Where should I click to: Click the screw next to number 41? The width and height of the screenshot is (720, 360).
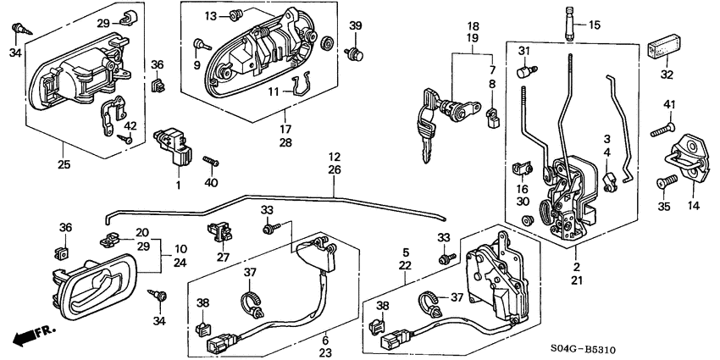click(662, 130)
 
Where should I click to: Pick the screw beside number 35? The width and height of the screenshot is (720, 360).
click(667, 181)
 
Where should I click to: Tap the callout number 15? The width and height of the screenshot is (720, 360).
click(594, 25)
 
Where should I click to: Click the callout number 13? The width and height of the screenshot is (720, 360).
click(211, 15)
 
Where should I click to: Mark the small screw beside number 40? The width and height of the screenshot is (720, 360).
click(212, 160)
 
